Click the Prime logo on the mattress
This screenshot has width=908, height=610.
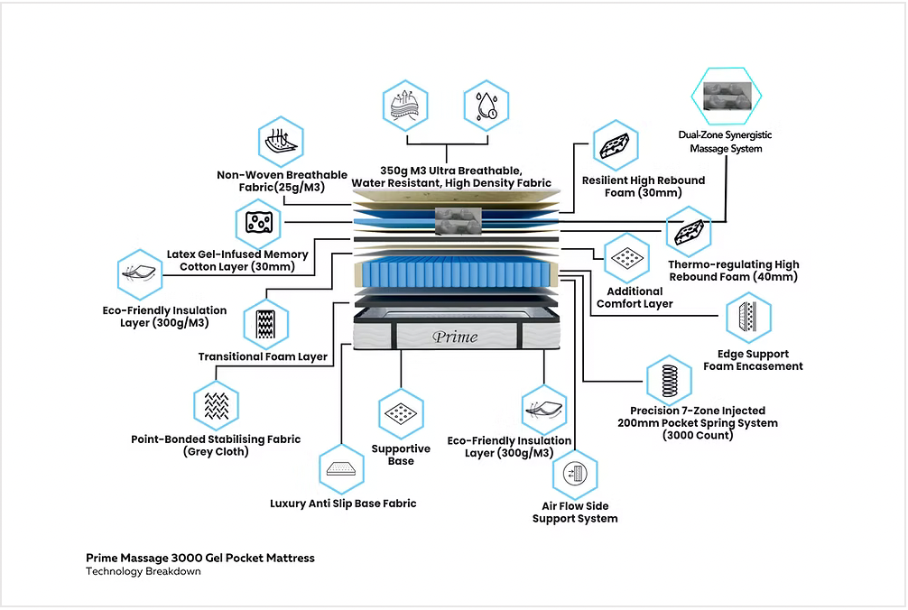pos(456,337)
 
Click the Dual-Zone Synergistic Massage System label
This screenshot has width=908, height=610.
pos(725,142)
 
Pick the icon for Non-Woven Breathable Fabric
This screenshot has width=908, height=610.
pos(279,142)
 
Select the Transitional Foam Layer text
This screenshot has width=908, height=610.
pos(263,356)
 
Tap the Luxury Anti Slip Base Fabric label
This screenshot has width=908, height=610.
pos(343,504)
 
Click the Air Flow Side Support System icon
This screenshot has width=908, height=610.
pos(574,474)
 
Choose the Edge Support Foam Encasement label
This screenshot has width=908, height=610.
pos(753,360)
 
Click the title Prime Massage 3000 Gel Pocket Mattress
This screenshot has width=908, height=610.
pos(200,558)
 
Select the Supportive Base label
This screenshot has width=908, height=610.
pos(401,455)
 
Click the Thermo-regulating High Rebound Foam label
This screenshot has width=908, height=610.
pos(733,271)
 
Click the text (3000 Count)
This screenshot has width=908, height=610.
pos(697,435)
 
